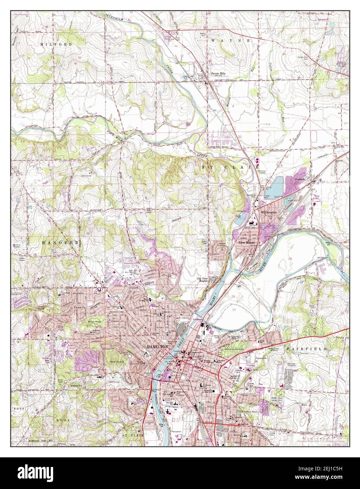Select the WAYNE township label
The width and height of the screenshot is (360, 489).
(230, 41)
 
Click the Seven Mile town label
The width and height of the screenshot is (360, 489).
(217, 74)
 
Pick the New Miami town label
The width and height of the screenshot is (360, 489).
(247, 243)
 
